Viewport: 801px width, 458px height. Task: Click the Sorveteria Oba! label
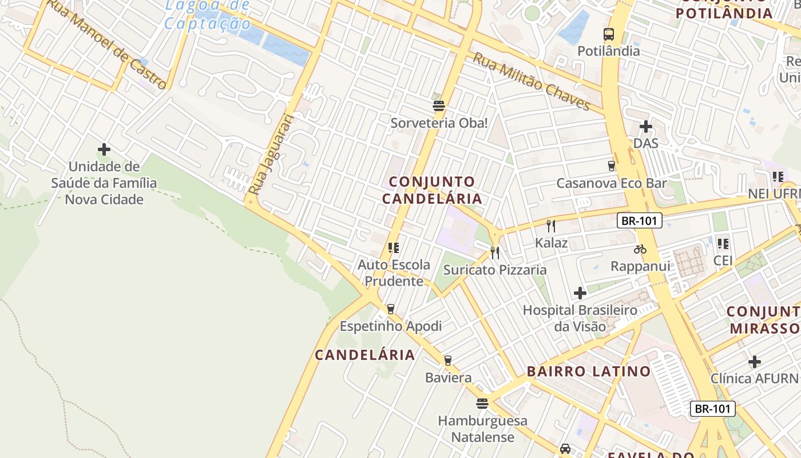pyautogui.click(x=439, y=123)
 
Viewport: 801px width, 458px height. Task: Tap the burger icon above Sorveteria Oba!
pyautogui.click(x=439, y=105)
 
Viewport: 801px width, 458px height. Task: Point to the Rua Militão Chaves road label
pyautogui.click(x=531, y=81)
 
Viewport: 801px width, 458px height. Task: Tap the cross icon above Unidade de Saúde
pyautogui.click(x=104, y=149)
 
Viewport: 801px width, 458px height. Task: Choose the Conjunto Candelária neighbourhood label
pyautogui.click(x=432, y=190)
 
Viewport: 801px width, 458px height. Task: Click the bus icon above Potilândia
pyautogui.click(x=608, y=34)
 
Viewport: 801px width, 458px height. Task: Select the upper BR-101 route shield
pyautogui.click(x=639, y=220)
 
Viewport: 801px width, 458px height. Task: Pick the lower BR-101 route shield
pyautogui.click(x=712, y=409)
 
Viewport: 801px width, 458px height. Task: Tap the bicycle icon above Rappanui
pyautogui.click(x=640, y=249)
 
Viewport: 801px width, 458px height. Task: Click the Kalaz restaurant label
pyautogui.click(x=551, y=243)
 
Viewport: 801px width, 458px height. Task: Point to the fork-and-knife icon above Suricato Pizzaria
pyautogui.click(x=495, y=252)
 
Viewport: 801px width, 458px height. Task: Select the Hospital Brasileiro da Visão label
pyautogui.click(x=580, y=318)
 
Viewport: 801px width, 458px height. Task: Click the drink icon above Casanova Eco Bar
pyautogui.click(x=611, y=166)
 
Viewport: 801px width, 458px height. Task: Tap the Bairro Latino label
pyautogui.click(x=588, y=371)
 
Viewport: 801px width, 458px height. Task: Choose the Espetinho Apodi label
pyautogui.click(x=391, y=326)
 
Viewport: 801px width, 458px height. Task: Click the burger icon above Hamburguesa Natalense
pyautogui.click(x=482, y=404)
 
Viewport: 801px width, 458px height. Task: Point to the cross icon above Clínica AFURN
pyautogui.click(x=754, y=362)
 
